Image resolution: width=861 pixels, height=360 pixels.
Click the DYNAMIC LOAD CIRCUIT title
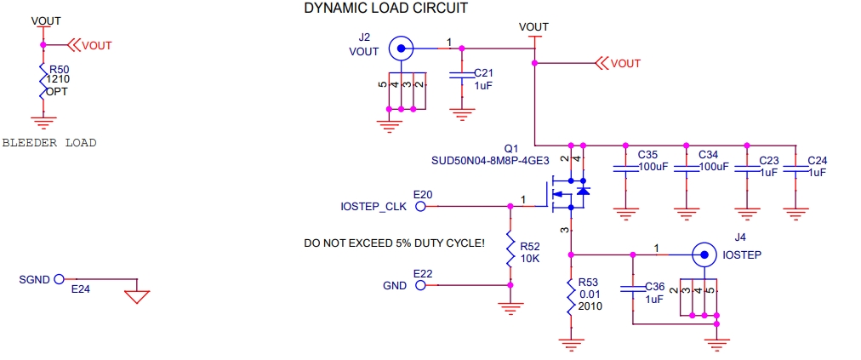coord(385,8)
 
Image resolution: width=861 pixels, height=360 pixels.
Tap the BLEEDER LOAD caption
coord(49,143)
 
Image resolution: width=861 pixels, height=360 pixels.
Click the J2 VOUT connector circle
coord(400,49)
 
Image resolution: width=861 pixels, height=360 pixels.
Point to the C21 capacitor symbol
coord(461,78)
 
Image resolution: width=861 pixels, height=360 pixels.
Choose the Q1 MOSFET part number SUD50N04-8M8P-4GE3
coord(490,159)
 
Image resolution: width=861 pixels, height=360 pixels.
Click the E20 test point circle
coord(420,206)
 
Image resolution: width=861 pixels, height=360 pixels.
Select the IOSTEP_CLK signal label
coord(373,207)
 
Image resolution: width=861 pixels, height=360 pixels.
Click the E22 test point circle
coord(420,285)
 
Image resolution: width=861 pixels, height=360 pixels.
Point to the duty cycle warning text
coord(394,243)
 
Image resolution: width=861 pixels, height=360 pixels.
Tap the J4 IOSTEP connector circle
coord(703,254)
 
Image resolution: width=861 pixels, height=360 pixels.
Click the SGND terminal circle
coord(59,279)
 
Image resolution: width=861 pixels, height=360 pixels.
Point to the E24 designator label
coord(80,289)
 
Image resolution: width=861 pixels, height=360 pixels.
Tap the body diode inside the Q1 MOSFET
coord(582,191)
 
